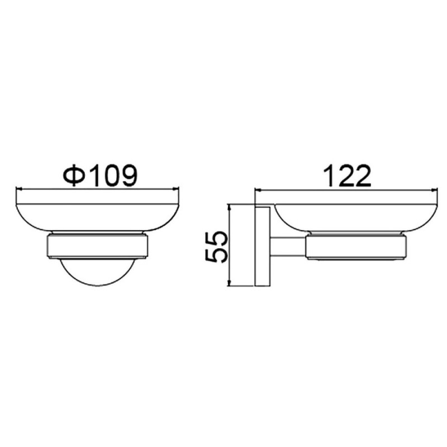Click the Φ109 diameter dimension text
tap(100, 175)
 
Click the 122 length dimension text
tap(348, 176)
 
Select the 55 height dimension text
tap(216, 247)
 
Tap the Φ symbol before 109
tap(74, 175)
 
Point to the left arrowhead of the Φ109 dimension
tap(20, 188)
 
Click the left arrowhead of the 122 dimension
tap(258, 189)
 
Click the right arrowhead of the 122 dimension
tap(435, 189)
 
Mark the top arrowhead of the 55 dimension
tap(229, 207)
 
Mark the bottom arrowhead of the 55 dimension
tap(229, 283)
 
